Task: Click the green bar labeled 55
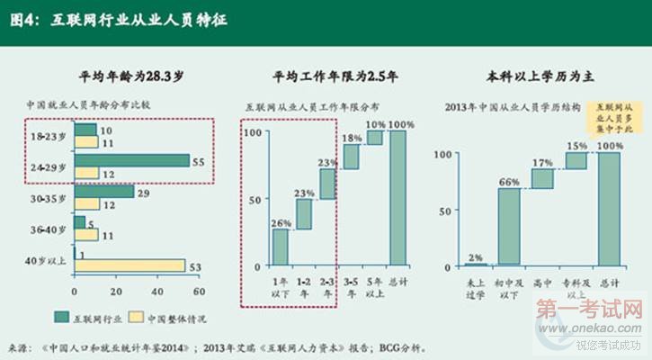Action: pyautogui.click(x=131, y=161)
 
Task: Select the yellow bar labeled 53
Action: pyautogui.click(x=130, y=265)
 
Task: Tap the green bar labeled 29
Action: pyautogui.click(x=103, y=192)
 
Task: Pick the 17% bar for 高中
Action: pyautogui.click(x=542, y=178)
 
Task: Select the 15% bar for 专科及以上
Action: pyautogui.click(x=576, y=160)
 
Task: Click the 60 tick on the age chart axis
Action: pyautogui.click(x=200, y=292)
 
